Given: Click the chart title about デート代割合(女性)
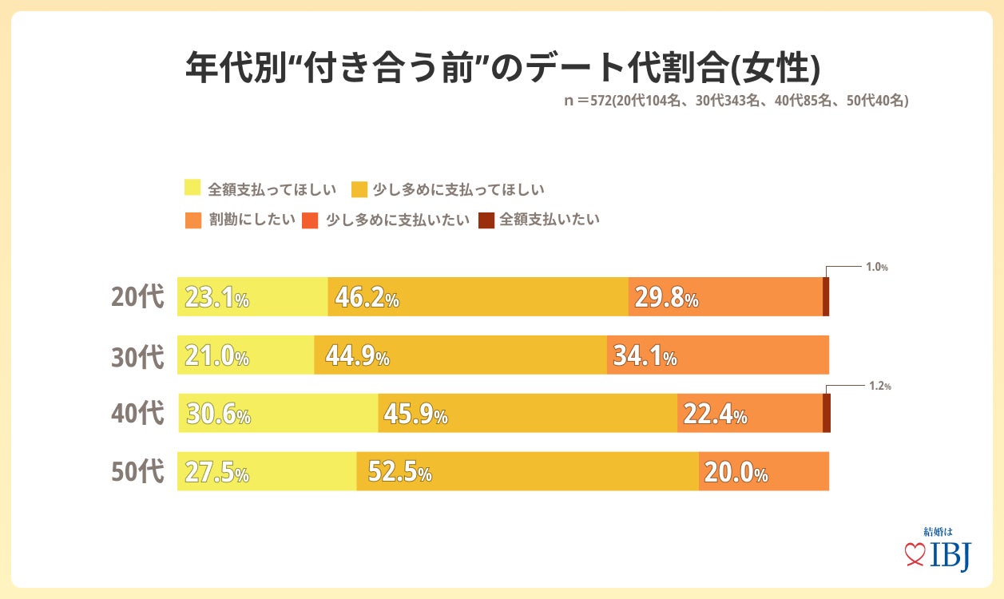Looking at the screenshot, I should (x=502, y=69).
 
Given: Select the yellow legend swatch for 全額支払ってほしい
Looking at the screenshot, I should (x=192, y=189).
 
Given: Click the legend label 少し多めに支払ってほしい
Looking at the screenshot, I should (x=458, y=189).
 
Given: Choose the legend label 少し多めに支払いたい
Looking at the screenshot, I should (x=397, y=220).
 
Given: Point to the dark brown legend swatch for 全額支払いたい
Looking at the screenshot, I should (x=485, y=220).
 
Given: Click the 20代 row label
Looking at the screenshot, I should (x=137, y=297).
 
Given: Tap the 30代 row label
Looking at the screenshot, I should (x=137, y=355).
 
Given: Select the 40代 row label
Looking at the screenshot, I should (x=137, y=414).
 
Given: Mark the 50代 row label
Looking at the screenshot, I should (x=137, y=472).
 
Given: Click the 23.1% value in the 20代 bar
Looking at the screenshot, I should (x=216, y=298).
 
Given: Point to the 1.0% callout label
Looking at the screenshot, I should (x=876, y=268).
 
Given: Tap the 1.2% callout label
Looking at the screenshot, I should (x=879, y=386).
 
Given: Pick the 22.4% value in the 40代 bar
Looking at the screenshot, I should (x=714, y=415).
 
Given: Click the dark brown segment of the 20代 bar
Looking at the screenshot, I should (x=826, y=297).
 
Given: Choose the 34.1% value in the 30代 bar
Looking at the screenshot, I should (x=645, y=356).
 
